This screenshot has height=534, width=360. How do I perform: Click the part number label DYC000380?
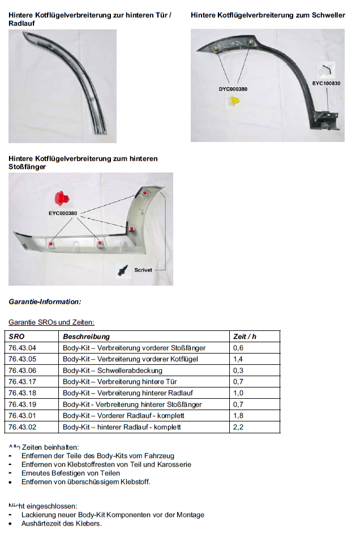(x=233, y=89)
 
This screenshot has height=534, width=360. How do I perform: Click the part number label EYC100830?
(x=327, y=83)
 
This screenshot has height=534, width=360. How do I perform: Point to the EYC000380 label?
(x=63, y=213)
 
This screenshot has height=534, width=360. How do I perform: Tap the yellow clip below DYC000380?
(x=234, y=102)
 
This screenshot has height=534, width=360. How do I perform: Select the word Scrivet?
(x=143, y=270)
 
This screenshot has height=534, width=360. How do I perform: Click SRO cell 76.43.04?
(x=23, y=348)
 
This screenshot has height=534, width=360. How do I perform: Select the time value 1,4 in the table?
(x=238, y=359)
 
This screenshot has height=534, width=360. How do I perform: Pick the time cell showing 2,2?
(x=238, y=427)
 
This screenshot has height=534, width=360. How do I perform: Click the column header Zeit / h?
(x=245, y=337)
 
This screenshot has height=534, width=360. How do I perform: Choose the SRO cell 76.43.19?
(x=23, y=404)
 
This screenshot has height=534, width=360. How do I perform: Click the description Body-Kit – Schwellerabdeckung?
(x=113, y=371)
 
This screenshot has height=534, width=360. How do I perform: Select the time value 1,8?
(x=238, y=416)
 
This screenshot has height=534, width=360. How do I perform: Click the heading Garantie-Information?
(x=45, y=302)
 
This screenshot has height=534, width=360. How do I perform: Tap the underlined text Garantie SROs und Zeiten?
(x=52, y=322)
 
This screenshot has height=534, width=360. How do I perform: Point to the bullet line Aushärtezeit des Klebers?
(x=62, y=523)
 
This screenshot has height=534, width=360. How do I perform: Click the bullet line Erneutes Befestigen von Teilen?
(x=70, y=473)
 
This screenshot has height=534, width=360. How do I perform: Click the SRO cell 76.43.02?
(x=23, y=427)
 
